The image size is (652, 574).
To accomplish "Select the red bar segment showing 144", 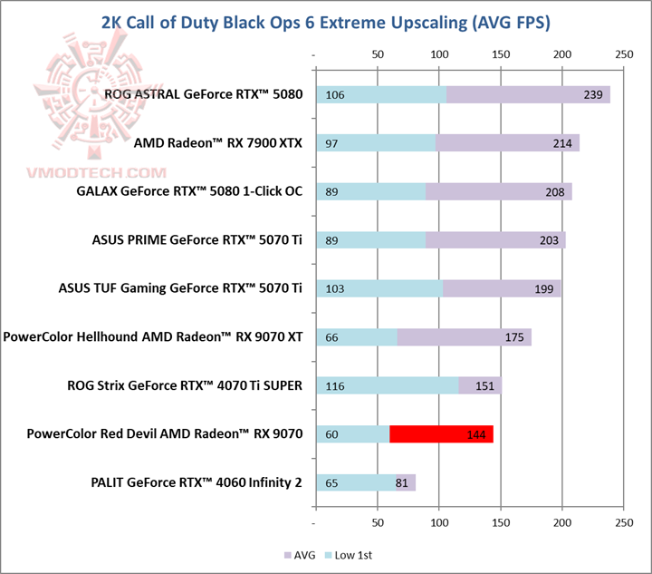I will tap(441, 434).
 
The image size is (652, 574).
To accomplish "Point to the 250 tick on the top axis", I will tap(623, 55).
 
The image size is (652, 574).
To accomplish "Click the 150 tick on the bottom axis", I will tap(501, 523).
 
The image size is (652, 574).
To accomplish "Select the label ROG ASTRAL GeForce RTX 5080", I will tap(204, 93).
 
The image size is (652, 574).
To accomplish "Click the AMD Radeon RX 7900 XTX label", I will tap(217, 142).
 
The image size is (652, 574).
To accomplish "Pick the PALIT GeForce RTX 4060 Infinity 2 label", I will tap(197, 483).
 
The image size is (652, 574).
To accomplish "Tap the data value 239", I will tap(594, 95).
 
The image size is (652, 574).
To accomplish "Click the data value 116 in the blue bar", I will tap(334, 386).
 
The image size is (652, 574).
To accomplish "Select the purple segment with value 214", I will tap(507, 143).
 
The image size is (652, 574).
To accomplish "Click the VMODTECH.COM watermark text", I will tap(87, 173).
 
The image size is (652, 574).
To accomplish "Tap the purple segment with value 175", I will tap(464, 337).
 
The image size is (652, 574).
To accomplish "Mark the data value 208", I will tap(555, 192).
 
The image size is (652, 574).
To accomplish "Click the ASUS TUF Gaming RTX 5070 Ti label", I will tap(180, 288).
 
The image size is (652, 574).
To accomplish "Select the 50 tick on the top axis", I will tap(378, 55).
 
